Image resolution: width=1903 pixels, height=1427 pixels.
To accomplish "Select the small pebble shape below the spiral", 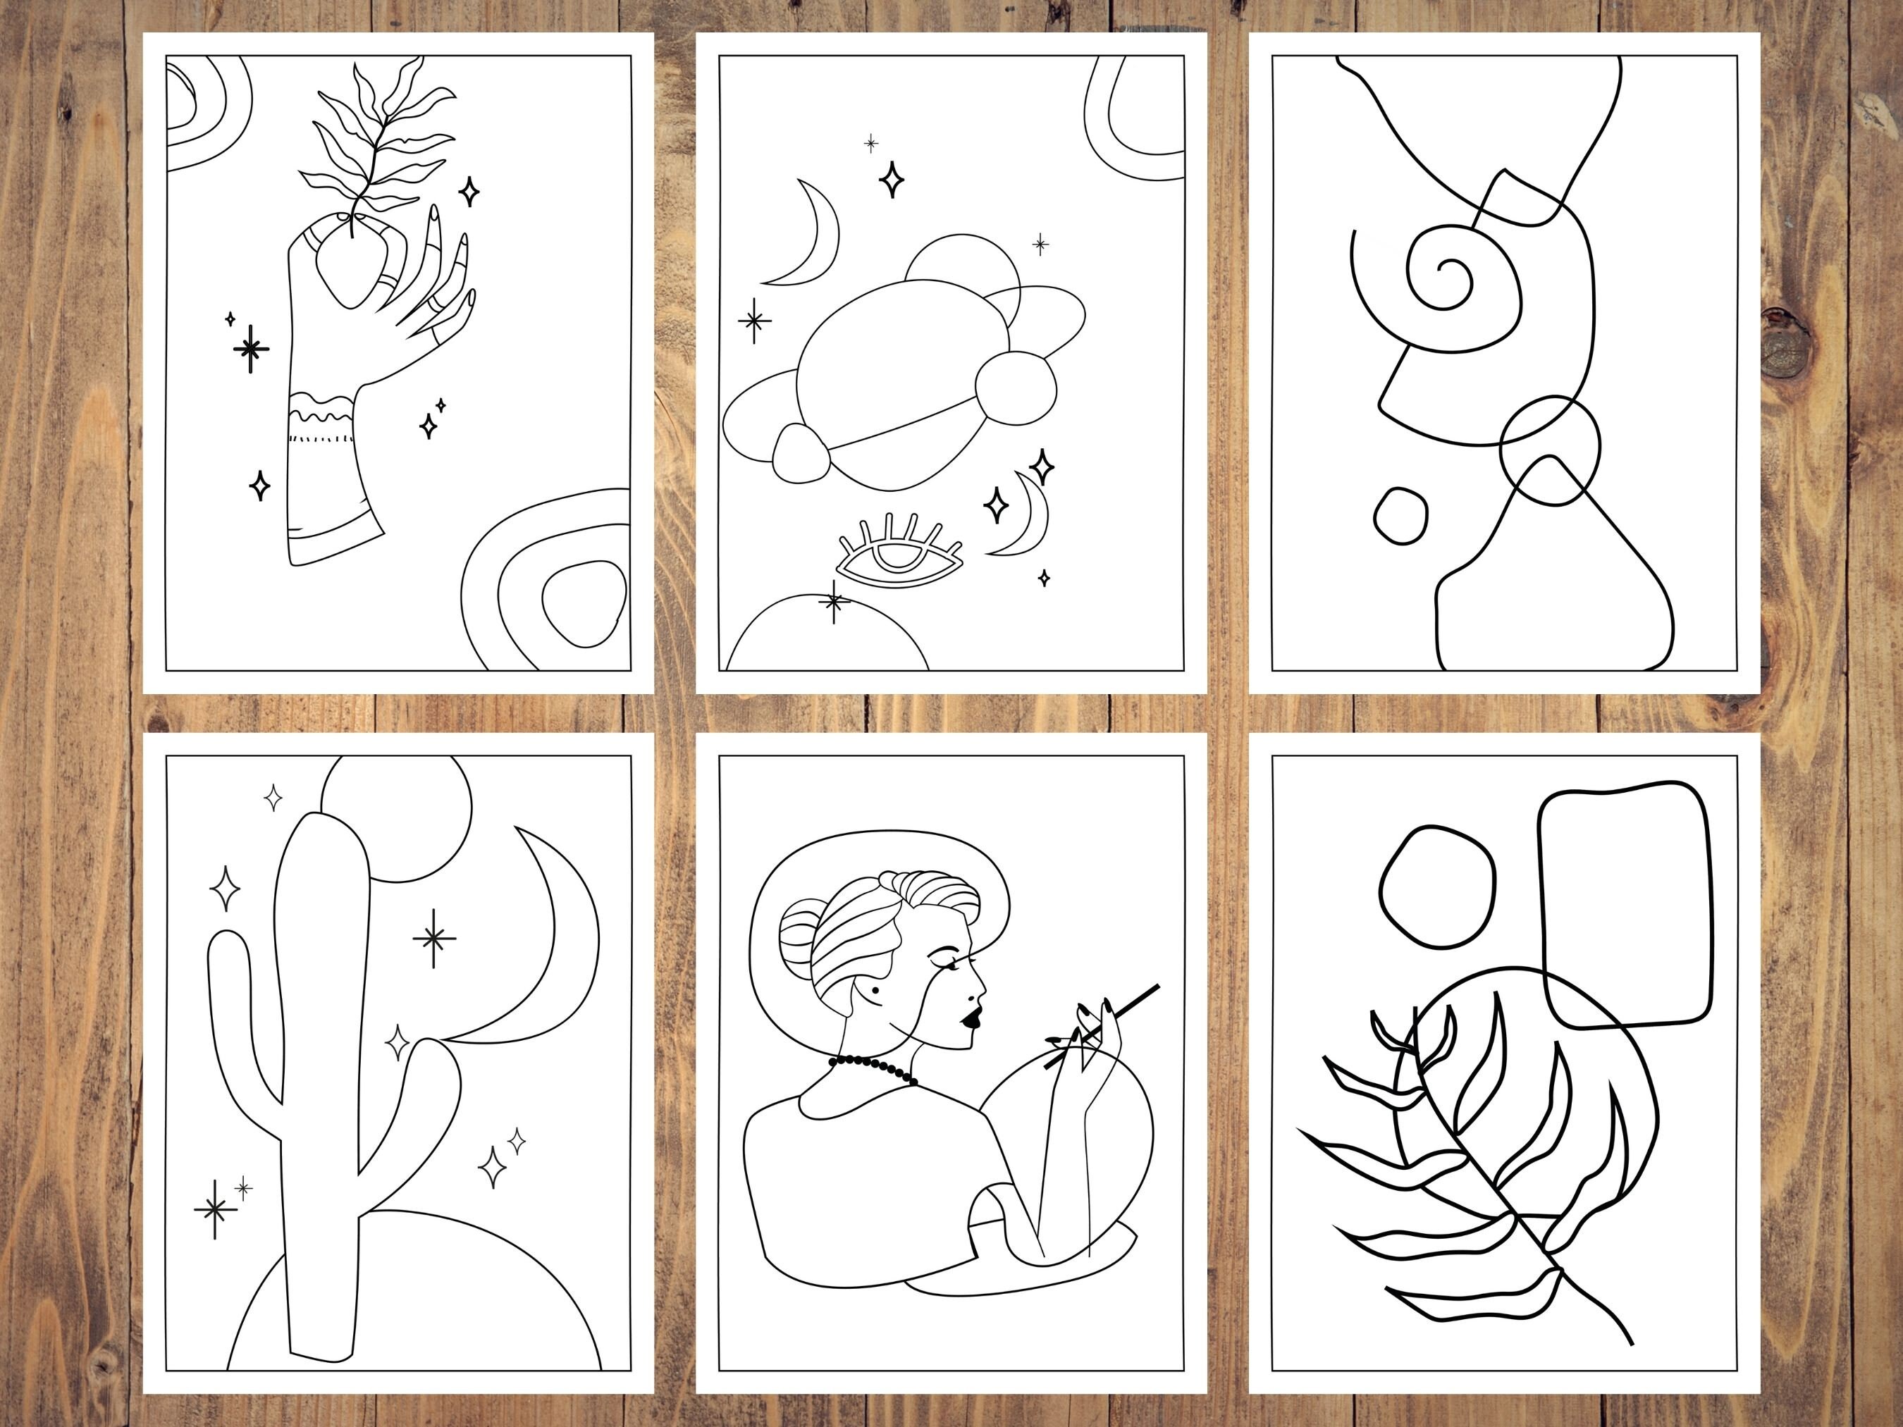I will pos(1400,515).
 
